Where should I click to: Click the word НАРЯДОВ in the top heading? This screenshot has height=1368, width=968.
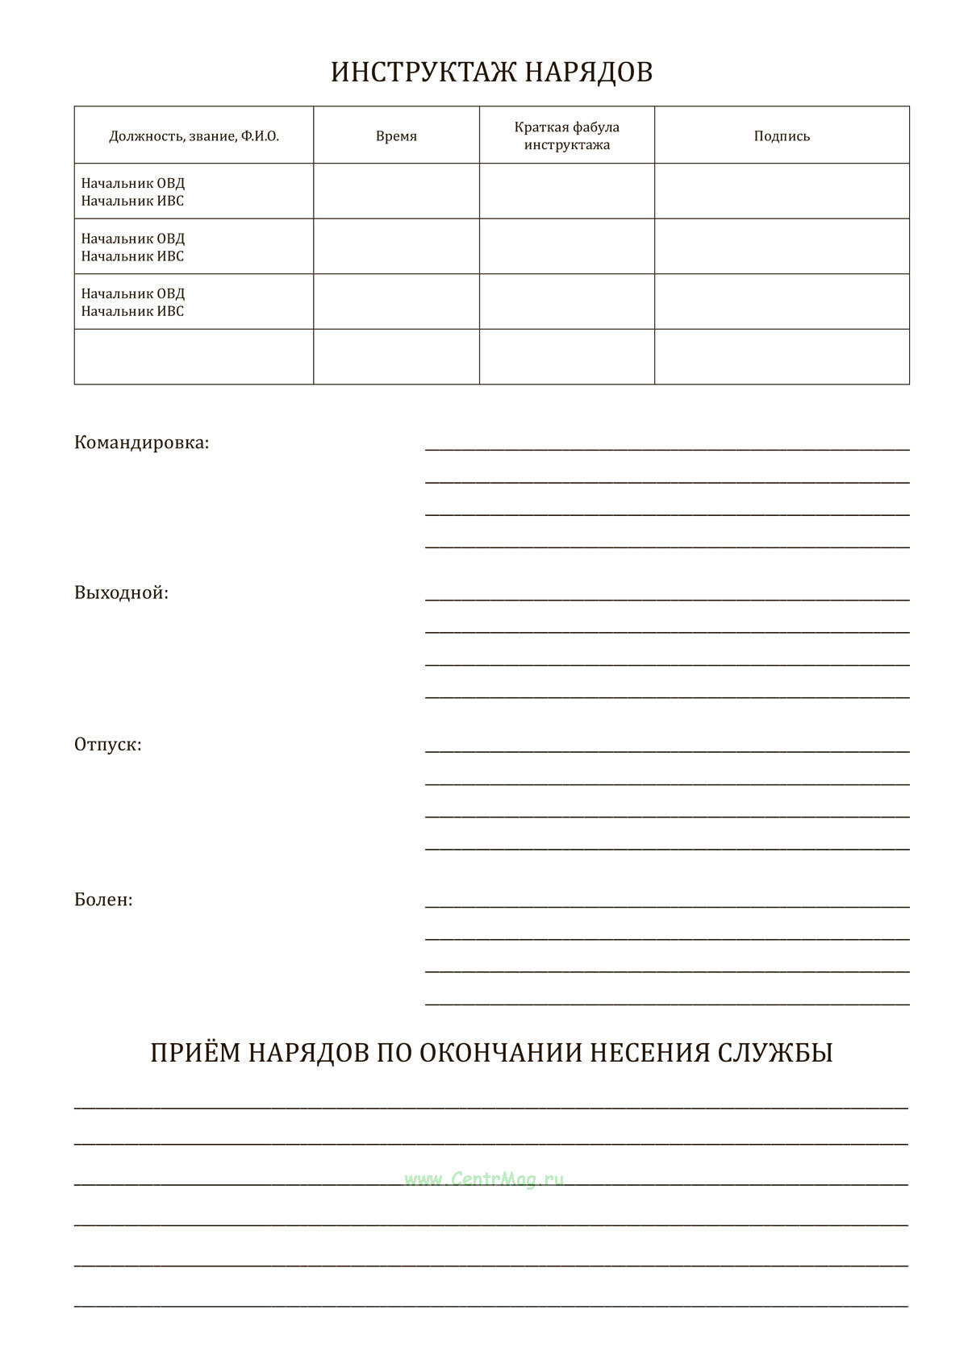tap(589, 72)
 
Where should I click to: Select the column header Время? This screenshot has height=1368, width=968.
tap(396, 136)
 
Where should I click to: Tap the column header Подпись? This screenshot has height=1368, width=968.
tap(782, 136)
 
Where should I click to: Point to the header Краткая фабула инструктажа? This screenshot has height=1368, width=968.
tap(567, 136)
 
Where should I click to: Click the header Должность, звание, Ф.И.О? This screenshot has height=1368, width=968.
tap(194, 136)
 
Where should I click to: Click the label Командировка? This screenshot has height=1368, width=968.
tap(141, 443)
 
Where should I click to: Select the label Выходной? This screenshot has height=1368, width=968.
tap(121, 593)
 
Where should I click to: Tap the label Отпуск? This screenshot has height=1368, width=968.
tap(107, 744)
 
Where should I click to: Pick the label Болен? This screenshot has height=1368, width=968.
tap(103, 900)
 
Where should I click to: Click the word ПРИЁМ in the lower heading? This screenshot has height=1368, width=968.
tap(194, 1053)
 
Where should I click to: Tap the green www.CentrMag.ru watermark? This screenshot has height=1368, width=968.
tap(484, 1179)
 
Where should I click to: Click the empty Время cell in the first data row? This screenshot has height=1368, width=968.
tap(396, 191)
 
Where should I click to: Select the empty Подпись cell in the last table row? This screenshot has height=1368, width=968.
tap(782, 356)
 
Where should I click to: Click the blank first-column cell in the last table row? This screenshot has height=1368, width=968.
tap(194, 356)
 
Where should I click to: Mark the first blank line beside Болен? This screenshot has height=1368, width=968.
tap(667, 905)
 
